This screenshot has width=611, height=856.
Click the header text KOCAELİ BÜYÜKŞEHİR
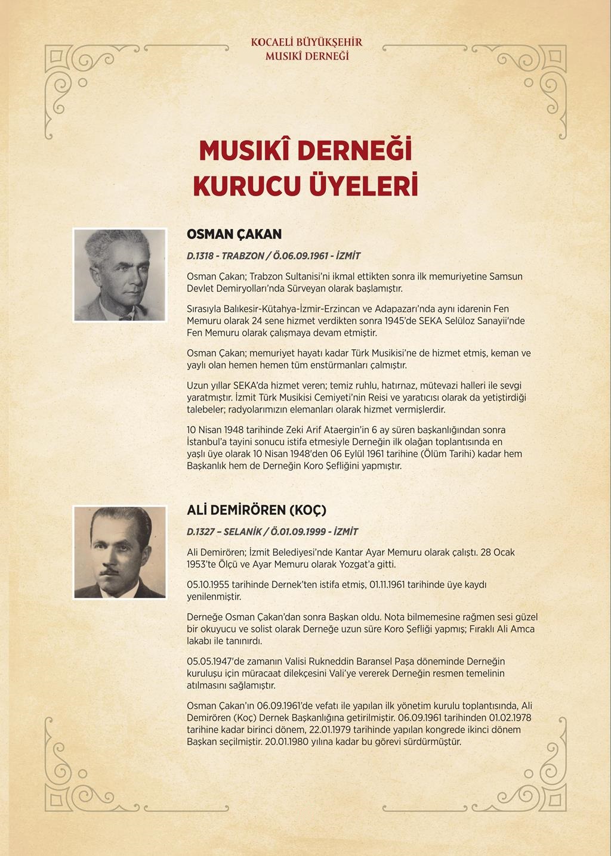[x=307, y=43]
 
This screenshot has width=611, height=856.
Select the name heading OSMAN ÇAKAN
[x=234, y=234]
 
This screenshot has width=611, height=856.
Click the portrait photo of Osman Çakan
[x=119, y=275]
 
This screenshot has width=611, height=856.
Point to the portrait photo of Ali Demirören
[x=119, y=552]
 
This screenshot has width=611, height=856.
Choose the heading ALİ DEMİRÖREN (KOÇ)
[x=257, y=510]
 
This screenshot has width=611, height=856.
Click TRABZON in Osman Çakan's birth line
[x=243, y=256]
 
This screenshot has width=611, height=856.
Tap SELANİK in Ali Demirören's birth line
[x=242, y=532]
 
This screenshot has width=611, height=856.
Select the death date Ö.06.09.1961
[x=301, y=256]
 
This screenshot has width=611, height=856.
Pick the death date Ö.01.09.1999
[x=298, y=532]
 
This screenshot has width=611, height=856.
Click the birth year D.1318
[x=200, y=256]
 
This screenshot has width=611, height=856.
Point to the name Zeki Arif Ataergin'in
[x=317, y=430]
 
